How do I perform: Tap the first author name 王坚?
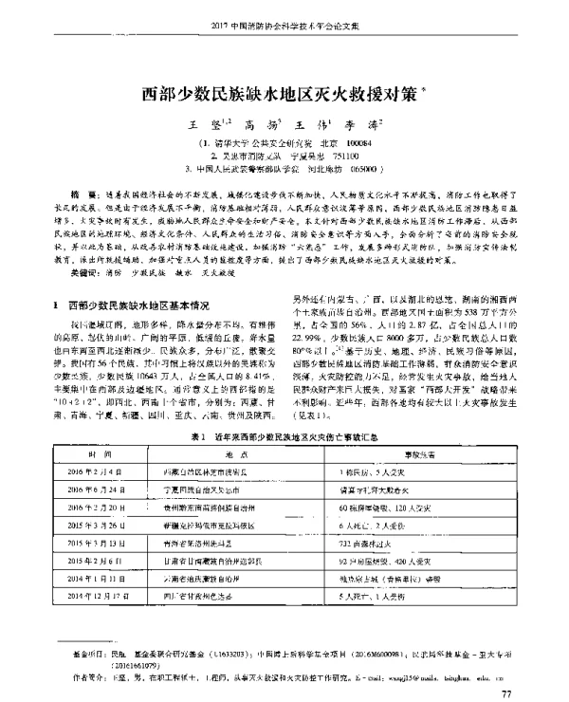tap(203, 124)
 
